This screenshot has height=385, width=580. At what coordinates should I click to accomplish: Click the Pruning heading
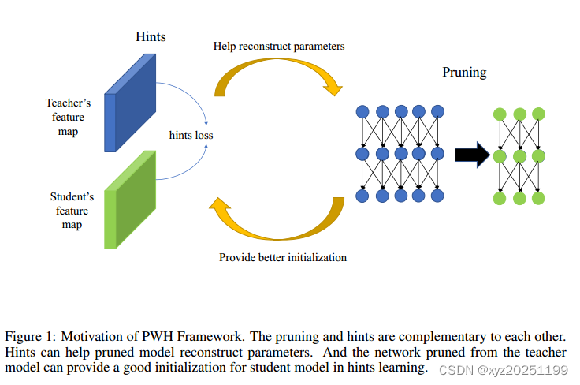point(464,73)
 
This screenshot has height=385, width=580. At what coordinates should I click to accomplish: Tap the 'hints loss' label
point(191,135)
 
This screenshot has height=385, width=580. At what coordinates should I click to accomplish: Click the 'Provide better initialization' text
point(283,257)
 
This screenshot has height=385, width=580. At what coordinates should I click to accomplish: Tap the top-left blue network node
point(363,111)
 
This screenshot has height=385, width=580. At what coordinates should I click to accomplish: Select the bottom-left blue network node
point(363,196)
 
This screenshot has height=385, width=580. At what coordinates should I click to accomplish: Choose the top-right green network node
point(538,114)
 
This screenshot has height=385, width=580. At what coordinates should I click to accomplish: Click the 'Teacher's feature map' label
point(68,117)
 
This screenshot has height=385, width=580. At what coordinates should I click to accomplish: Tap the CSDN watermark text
point(504,370)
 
